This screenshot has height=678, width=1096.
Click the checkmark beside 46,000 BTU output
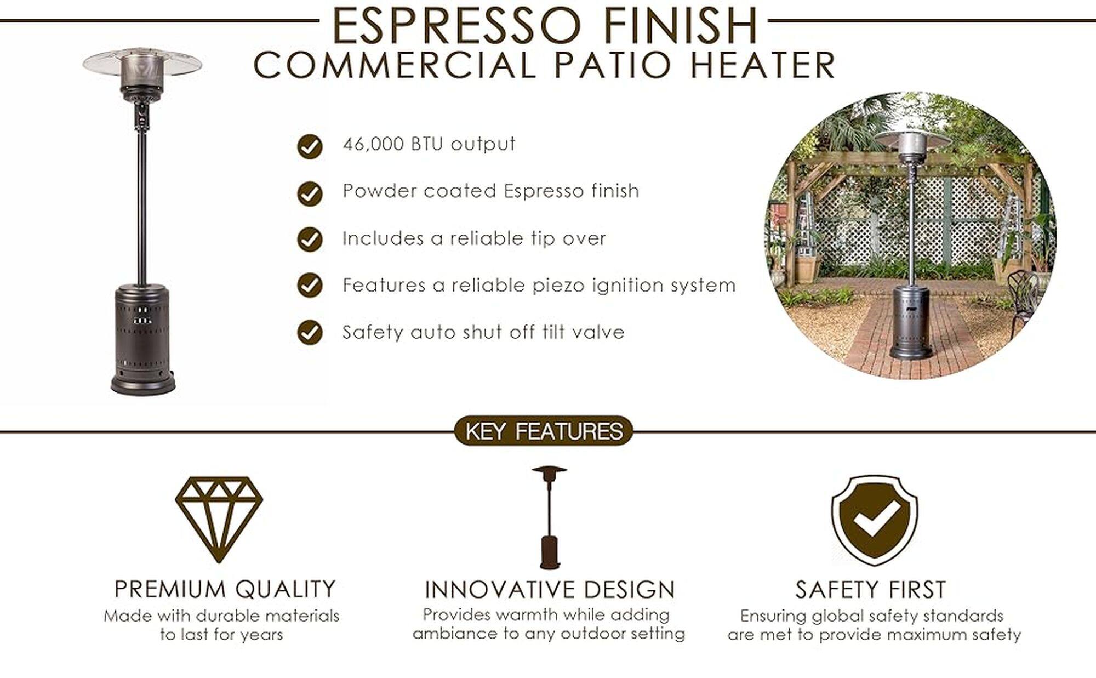click(310, 146)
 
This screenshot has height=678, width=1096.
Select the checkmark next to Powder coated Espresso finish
click(310, 193)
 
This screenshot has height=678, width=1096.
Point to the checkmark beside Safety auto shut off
click(310, 332)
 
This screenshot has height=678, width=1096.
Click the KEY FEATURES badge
click(544, 431)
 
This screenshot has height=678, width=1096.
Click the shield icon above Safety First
click(875, 520)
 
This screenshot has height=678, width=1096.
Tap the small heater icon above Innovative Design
click(549, 518)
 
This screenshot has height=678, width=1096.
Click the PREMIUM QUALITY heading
click(225, 589)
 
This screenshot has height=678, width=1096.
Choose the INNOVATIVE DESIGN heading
click(550, 590)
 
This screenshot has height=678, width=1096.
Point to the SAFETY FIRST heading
click(871, 590)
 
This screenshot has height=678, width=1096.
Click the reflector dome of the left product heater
click(142, 63)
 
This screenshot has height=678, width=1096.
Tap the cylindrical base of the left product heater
click(144, 340)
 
